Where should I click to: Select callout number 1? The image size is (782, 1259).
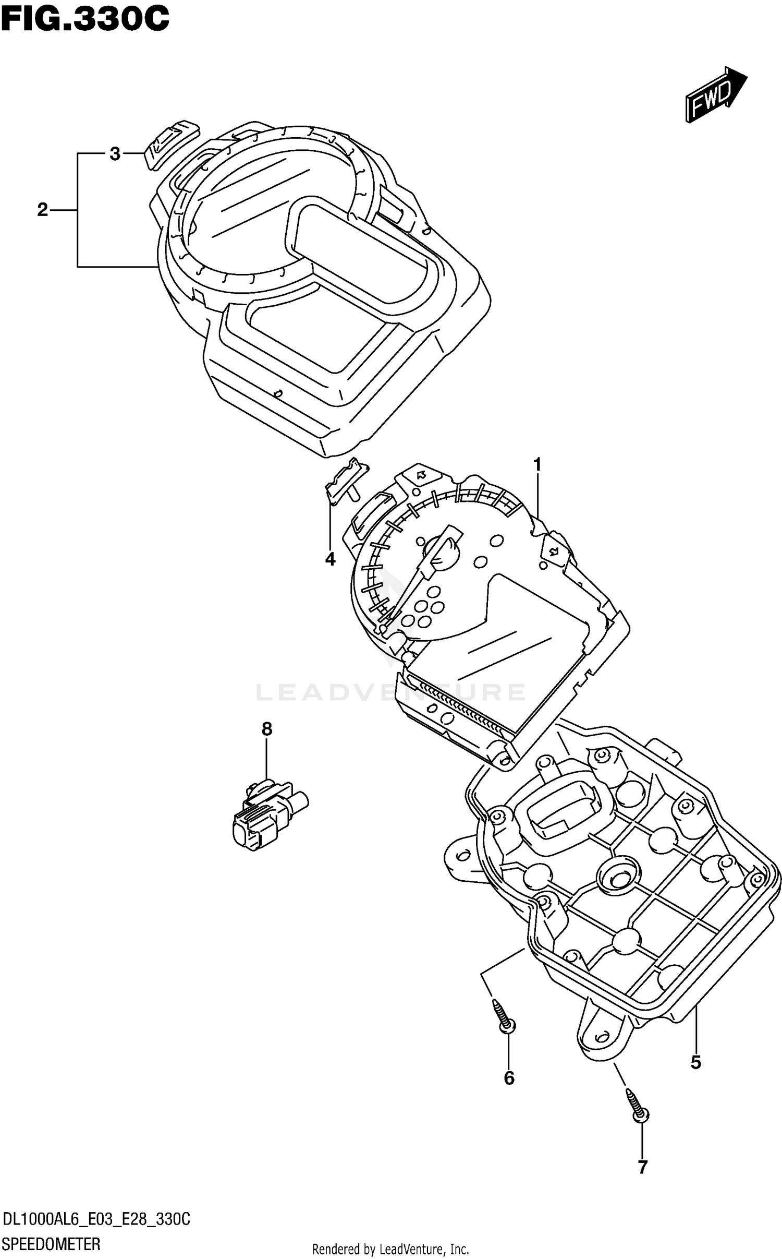click(537, 464)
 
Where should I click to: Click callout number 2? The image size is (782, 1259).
click(42, 210)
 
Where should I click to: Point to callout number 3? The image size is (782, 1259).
click(115, 154)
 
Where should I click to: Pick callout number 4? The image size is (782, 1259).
click(330, 559)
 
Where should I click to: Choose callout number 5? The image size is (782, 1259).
click(695, 1062)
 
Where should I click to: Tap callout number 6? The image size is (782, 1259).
click(509, 1077)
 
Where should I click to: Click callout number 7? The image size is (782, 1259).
click(642, 1166)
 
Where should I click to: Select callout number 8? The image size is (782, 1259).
click(266, 729)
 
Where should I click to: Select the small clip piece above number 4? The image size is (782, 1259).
click(344, 479)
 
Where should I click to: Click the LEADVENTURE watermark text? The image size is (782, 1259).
click(391, 692)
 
